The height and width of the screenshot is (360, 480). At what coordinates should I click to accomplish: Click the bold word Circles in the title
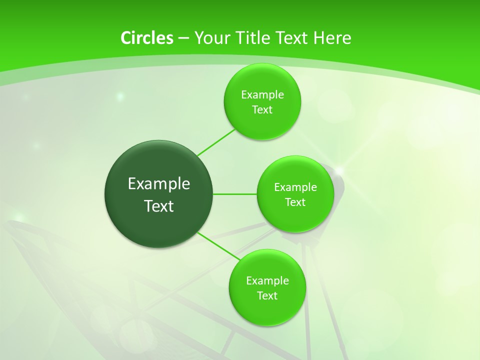[x=146, y=38]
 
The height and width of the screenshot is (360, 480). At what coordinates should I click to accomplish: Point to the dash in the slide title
[x=183, y=38]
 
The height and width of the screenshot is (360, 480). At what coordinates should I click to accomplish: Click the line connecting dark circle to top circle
[x=216, y=142]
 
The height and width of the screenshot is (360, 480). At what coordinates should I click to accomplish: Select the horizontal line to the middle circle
[x=235, y=194]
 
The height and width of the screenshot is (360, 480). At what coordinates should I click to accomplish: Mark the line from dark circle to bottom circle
[x=219, y=245]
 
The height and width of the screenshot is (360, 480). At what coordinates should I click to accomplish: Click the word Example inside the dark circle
[x=159, y=184]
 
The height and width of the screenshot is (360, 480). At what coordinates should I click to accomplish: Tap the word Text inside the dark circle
[x=159, y=206]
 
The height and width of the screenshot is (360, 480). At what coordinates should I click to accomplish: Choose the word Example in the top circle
[x=262, y=95]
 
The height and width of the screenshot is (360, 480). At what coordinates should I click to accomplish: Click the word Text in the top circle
[x=262, y=110]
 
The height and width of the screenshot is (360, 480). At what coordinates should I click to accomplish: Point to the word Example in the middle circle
[x=295, y=187]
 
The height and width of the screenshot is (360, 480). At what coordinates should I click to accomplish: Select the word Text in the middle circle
[x=295, y=202]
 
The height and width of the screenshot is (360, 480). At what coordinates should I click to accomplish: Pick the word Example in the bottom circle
[x=267, y=281]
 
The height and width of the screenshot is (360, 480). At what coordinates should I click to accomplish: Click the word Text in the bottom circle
[x=267, y=296]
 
